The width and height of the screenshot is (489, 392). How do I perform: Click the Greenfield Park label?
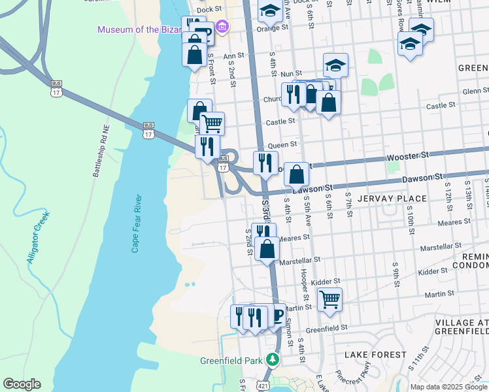tap(235, 360)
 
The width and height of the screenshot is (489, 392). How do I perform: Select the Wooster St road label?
tap(407, 155)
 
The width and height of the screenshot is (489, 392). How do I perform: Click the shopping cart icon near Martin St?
tap(330, 300)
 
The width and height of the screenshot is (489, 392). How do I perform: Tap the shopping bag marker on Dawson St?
tap(297, 174)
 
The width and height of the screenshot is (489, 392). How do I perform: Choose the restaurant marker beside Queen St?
tap(265, 163)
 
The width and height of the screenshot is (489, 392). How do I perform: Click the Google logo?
tap(22, 384)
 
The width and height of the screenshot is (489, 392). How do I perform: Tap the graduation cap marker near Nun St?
tap(335, 65)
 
